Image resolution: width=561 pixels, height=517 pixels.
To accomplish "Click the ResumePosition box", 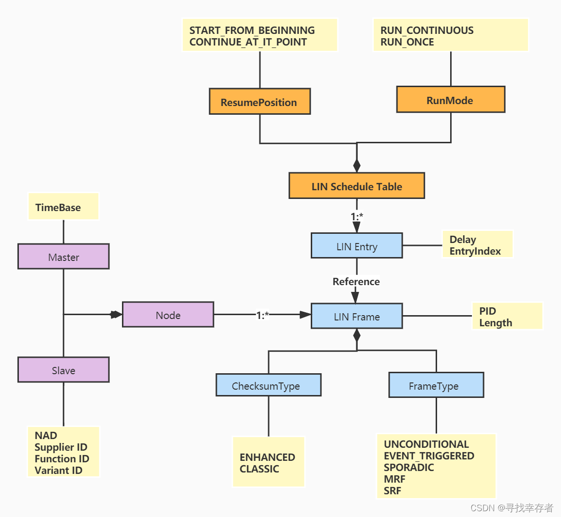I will [x=259, y=102].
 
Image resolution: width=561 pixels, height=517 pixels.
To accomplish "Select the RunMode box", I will [x=450, y=100].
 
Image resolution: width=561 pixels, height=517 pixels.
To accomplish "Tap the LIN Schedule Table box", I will [x=357, y=186].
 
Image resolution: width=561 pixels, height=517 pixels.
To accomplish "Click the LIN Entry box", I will [x=357, y=246].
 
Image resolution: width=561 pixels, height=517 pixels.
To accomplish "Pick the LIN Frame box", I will [x=357, y=316].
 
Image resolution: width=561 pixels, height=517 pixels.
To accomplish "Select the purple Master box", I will [x=63, y=257].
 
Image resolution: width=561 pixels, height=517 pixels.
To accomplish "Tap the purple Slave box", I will [x=63, y=370].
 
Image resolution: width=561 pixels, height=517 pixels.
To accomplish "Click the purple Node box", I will [x=168, y=315].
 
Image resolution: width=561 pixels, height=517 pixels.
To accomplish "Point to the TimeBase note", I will [x=58, y=207].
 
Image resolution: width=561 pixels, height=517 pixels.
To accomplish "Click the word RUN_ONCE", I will [x=407, y=42].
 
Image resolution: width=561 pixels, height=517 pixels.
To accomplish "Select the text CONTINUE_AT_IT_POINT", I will [x=248, y=42].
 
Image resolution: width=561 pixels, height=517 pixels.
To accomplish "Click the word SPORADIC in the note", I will [x=409, y=467].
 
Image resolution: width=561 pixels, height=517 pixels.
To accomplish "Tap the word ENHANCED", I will [x=267, y=457].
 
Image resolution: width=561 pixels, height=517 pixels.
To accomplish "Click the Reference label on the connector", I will [x=356, y=281].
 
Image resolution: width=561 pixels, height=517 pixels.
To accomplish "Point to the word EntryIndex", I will [x=475, y=251].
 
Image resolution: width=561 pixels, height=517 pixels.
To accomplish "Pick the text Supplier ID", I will [x=61, y=447].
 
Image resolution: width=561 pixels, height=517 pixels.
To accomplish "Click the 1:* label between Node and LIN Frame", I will [x=262, y=315].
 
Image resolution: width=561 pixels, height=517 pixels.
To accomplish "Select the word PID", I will [x=487, y=311].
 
